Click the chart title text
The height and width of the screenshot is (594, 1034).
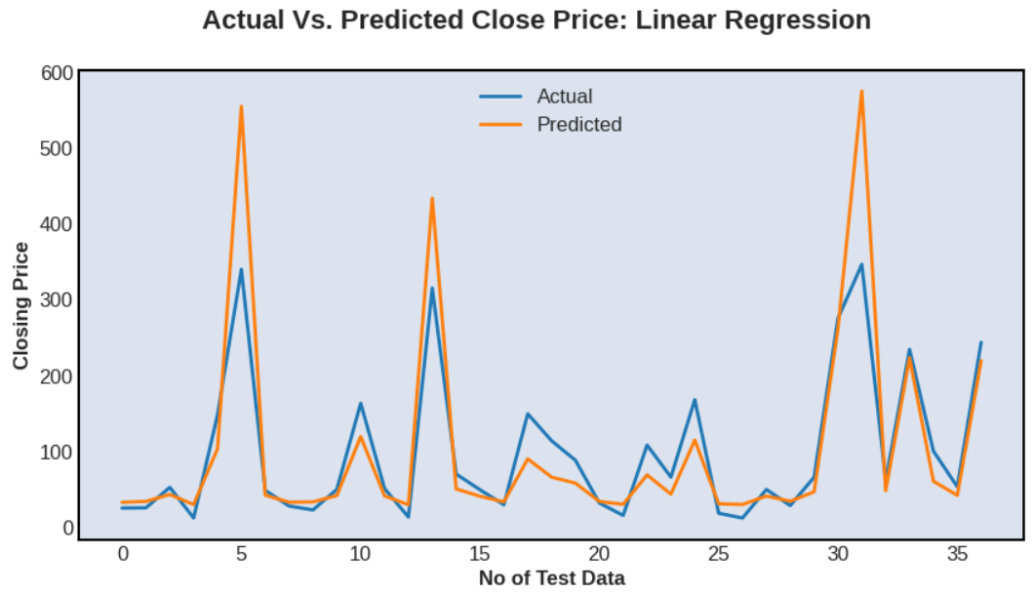coord(536,20)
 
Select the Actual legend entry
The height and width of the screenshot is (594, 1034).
coord(564,97)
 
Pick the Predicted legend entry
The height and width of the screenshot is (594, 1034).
coord(578,125)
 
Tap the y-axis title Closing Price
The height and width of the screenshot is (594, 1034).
coord(20,305)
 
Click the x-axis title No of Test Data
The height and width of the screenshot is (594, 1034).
coord(551,577)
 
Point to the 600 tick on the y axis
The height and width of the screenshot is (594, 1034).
coord(58,73)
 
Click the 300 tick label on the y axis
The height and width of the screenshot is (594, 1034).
coord(58,300)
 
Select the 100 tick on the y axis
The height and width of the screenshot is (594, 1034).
coord(58,453)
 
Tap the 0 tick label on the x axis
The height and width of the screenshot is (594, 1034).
coord(123,554)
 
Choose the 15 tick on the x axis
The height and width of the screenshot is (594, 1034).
coord(480,554)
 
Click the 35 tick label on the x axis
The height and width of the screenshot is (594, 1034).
coord(957,554)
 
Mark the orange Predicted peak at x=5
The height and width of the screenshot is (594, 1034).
coord(241,106)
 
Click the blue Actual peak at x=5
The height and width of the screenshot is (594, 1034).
coord(241,269)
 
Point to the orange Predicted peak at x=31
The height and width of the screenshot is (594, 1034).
coord(861,92)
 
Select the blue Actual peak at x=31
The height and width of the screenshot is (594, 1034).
coord(861,264)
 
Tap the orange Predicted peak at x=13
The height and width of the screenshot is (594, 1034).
coord(432,198)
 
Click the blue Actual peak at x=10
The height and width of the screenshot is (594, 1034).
coord(360,403)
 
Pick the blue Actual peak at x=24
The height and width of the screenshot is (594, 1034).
coord(695,400)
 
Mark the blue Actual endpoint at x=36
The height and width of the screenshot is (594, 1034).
coord(980,342)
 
